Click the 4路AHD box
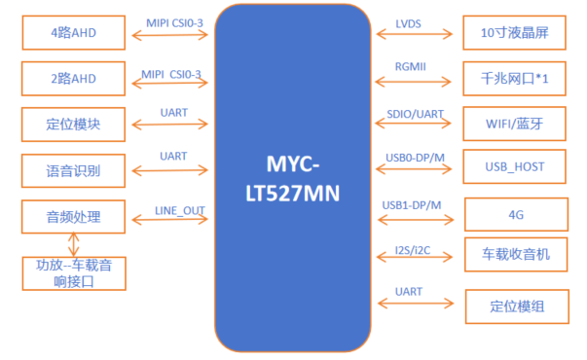[74, 32]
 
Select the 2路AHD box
[73, 79]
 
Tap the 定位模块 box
[73, 125]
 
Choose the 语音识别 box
[73, 170]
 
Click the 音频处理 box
[73, 217]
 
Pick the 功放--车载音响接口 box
[74, 273]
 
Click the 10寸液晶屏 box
[514, 32]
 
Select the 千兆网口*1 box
[514, 79]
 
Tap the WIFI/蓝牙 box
[514, 124]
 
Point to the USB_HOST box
[514, 166]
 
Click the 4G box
[516, 214]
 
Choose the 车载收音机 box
[516, 255]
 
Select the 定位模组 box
[517, 306]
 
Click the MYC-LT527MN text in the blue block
[293, 179]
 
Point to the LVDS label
[408, 24]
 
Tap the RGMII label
[410, 66]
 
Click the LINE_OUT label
[180, 211]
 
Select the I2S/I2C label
[413, 250]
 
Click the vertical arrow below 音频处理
[73, 245]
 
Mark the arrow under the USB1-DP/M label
[416, 219]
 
